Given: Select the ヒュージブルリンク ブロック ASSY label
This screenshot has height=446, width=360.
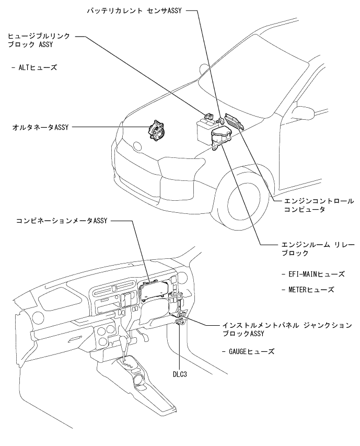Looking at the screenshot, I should click(39, 41).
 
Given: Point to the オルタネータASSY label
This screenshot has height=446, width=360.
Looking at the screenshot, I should click(39, 127).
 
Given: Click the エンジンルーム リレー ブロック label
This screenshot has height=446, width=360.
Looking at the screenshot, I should click(313, 248).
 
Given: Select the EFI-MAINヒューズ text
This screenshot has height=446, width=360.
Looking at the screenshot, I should click(312, 273).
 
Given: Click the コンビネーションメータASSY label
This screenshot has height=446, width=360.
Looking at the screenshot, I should click(61, 220).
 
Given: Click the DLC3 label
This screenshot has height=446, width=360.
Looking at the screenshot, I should click(180, 375).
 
